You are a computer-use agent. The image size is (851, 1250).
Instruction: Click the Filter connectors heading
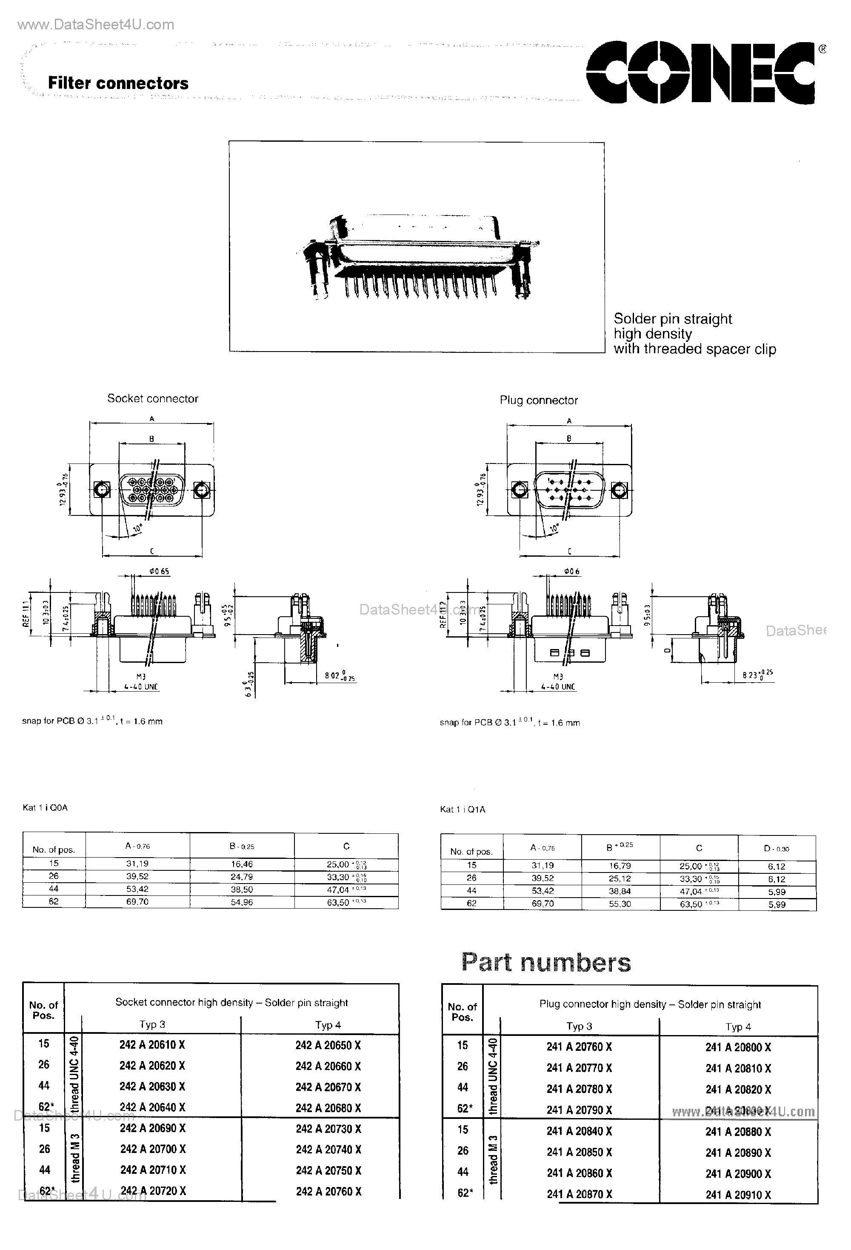click(x=118, y=83)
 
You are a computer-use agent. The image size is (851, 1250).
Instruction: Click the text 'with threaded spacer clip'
click(x=694, y=349)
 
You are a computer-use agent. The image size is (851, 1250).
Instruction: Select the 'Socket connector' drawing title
click(x=153, y=398)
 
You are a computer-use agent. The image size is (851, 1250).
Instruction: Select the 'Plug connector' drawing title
click(x=539, y=400)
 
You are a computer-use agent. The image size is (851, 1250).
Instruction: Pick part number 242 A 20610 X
click(x=152, y=1044)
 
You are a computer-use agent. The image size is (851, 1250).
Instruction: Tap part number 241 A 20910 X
click(x=738, y=1195)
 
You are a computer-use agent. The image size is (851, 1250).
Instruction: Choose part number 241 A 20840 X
click(x=579, y=1131)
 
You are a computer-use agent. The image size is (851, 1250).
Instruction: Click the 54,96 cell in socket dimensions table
click(x=242, y=902)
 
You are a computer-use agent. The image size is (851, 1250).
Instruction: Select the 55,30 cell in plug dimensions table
click(x=620, y=904)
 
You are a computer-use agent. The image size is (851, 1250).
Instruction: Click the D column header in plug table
click(x=776, y=849)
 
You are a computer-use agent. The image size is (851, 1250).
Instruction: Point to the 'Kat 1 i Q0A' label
click(x=45, y=807)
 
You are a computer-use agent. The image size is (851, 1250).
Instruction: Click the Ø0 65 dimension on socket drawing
click(x=160, y=571)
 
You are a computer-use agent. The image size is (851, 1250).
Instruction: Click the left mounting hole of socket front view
click(x=102, y=490)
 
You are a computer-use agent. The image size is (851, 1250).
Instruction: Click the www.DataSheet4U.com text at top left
click(x=96, y=25)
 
